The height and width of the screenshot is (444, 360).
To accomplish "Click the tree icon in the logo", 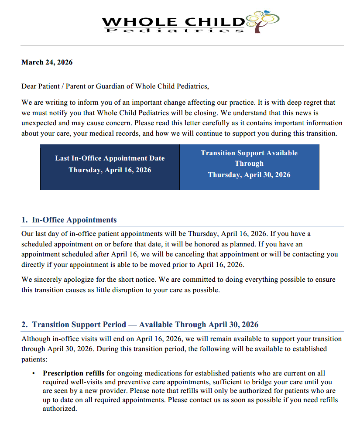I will click(x=263, y=21).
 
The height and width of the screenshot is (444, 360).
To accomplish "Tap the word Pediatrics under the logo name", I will click(x=174, y=31).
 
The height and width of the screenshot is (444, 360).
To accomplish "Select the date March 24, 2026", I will click(x=47, y=62).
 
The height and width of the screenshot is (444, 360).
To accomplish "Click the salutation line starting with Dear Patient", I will click(x=115, y=86).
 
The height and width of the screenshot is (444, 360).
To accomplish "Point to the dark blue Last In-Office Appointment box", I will click(x=110, y=167).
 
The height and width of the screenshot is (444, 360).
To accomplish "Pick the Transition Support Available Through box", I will click(x=249, y=167).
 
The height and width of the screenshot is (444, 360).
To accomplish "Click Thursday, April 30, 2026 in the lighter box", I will click(x=249, y=175).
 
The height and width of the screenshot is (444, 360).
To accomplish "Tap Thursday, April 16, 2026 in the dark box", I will click(x=110, y=170).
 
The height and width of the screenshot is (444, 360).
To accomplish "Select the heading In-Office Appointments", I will click(x=74, y=220).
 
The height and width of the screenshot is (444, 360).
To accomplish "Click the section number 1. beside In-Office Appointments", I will click(x=24, y=220).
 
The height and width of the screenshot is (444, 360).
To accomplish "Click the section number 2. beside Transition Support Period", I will click(x=24, y=324).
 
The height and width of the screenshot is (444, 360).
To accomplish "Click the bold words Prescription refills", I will click(x=73, y=373).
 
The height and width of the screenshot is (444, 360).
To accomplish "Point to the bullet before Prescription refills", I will click(x=33, y=374).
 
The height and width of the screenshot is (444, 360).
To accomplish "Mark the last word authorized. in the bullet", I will click(x=60, y=409).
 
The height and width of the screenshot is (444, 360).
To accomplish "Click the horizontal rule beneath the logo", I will click(x=182, y=45).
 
